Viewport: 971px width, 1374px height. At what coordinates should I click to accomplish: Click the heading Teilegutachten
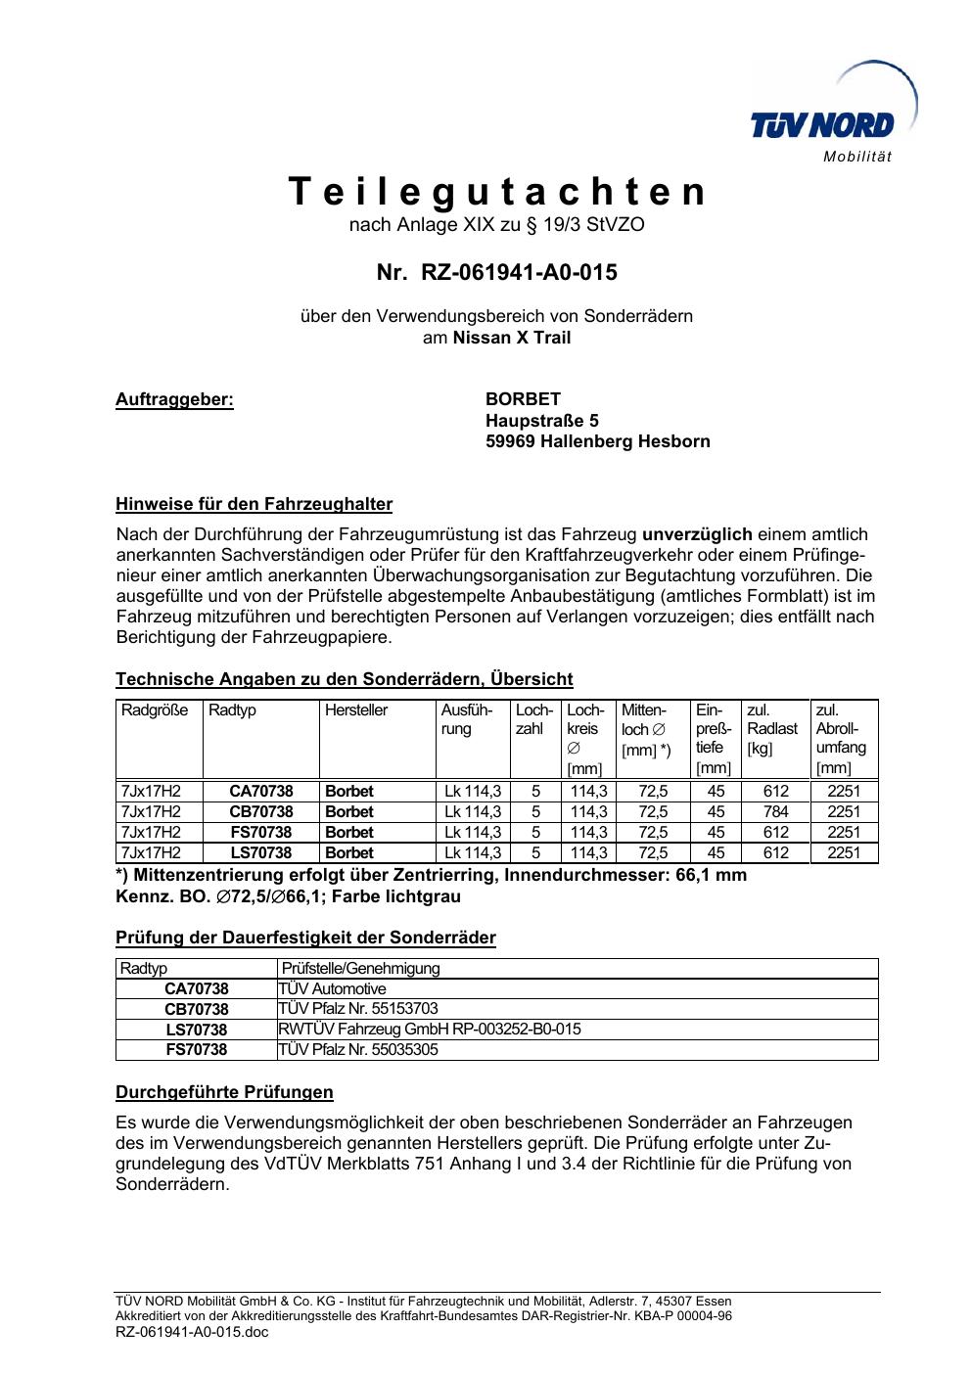click(x=496, y=192)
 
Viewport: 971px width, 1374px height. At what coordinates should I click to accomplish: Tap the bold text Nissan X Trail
click(x=511, y=338)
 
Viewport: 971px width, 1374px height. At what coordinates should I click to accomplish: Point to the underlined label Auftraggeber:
click(x=175, y=399)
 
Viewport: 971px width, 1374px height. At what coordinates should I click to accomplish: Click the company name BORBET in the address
click(x=523, y=399)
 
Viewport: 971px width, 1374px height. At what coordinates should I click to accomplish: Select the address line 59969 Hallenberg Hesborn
click(x=597, y=441)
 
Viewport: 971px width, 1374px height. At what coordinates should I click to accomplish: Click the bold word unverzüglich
click(x=697, y=534)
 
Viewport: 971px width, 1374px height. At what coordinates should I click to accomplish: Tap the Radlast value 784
click(x=775, y=812)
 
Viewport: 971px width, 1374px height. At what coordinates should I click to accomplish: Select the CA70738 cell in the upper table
click(x=261, y=792)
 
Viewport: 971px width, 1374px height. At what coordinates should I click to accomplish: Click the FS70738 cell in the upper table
click(x=261, y=833)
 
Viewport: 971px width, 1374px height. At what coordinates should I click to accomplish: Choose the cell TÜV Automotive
click(x=333, y=988)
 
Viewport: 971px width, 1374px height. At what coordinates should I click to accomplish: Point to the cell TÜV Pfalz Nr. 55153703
click(x=358, y=1009)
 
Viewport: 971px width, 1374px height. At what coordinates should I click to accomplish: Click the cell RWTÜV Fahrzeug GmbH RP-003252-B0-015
click(x=430, y=1030)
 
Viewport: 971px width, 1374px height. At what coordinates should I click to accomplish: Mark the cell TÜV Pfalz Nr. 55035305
click(x=358, y=1050)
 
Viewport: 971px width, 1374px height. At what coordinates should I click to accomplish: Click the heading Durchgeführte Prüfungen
click(x=224, y=1092)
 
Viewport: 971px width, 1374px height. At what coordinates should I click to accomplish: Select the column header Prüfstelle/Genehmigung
click(x=360, y=969)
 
